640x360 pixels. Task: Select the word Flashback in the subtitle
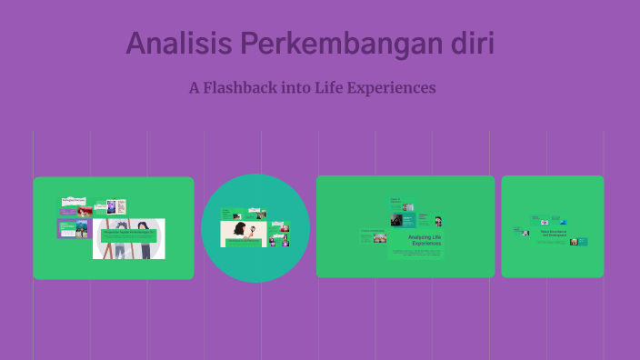coord(245,88)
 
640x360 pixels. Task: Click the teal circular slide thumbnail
coord(255,228)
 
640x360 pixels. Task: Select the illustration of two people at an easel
coord(128,238)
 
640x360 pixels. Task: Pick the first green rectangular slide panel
coord(114,227)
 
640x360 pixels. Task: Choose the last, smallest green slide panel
coord(552,226)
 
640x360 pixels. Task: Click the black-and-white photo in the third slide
coord(396,220)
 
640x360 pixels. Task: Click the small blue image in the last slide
coord(564,222)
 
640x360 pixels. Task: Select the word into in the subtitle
coord(299,88)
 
